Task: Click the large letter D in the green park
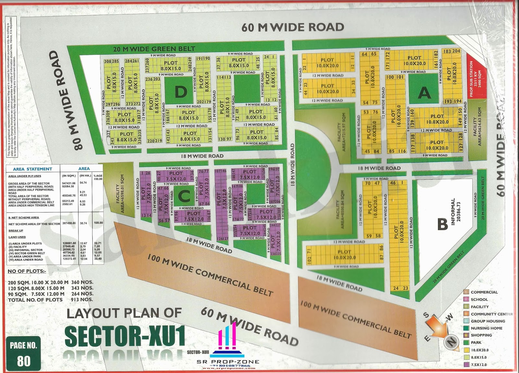pos(181,92)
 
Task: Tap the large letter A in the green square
pos(424,93)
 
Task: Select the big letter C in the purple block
pos(184,196)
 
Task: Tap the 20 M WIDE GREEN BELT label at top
pos(154,49)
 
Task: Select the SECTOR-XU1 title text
pos(125,336)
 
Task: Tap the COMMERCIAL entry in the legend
pos(484,292)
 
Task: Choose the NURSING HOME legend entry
pos(486,328)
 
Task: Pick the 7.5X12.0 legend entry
pos(478,365)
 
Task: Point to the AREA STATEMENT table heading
pos(32,169)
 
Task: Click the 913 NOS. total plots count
pos(82,300)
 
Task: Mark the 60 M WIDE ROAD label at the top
pos(293,27)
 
